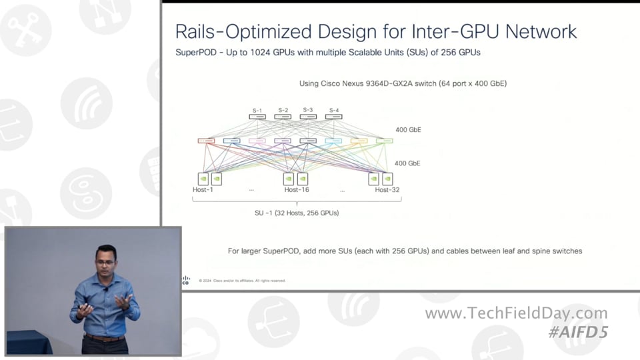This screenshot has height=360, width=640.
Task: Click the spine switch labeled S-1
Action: pos(257,117)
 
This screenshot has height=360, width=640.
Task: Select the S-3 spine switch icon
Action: pos(308,117)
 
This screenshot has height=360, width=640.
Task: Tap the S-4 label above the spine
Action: pos(334,110)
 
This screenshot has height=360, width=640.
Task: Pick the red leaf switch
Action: pos(206,141)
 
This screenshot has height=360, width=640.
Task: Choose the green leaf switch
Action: pos(384,141)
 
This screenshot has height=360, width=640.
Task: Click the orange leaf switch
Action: pos(359,141)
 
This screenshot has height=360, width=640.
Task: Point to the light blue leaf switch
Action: pos(333,141)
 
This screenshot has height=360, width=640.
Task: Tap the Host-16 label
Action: pos(297,190)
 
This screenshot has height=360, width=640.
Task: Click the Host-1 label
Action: pos(203,190)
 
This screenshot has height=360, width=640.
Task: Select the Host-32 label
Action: pos(387,190)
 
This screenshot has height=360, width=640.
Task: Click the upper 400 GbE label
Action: pos(408,130)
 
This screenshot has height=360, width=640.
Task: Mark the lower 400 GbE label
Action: pos(408,163)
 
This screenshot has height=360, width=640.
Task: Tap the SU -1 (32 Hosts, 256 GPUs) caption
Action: pos(297,213)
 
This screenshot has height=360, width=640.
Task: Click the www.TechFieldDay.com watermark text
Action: pos(516,313)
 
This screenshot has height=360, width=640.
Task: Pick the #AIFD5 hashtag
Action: pos(578,332)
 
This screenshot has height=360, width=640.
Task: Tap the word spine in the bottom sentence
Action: pos(530,251)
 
